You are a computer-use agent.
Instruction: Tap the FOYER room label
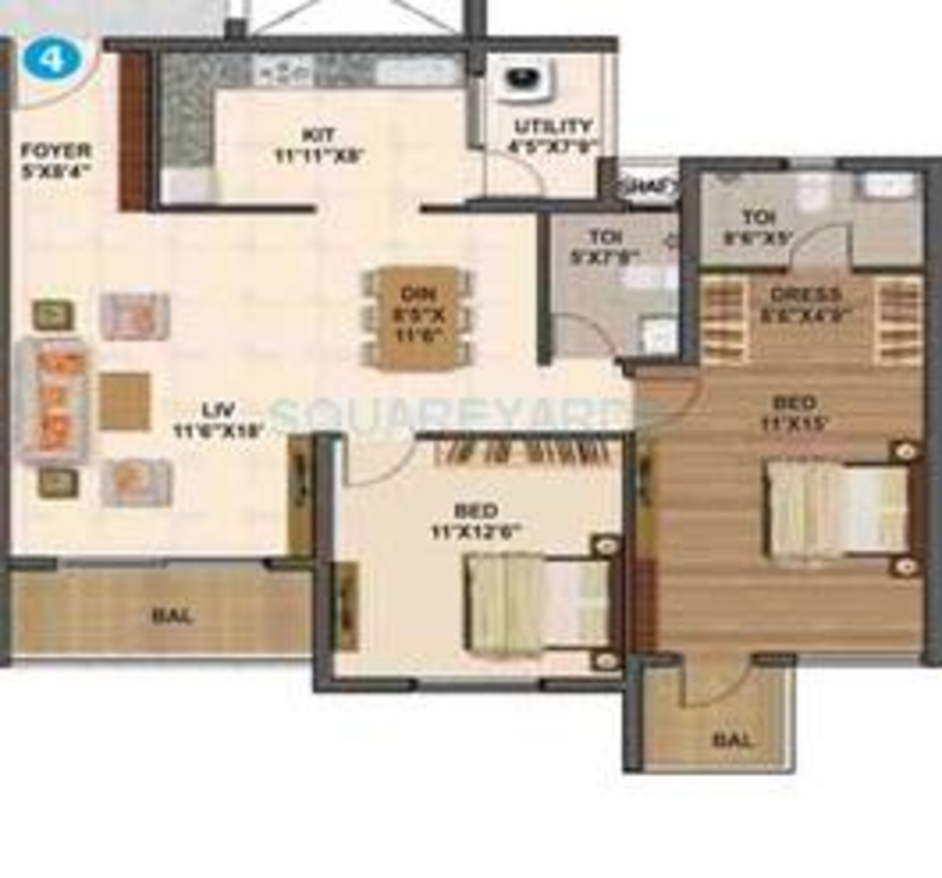point(56,160)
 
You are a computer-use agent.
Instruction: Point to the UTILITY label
point(553,135)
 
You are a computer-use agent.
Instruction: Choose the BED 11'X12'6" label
point(476,521)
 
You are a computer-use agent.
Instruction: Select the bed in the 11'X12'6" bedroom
point(538,602)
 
